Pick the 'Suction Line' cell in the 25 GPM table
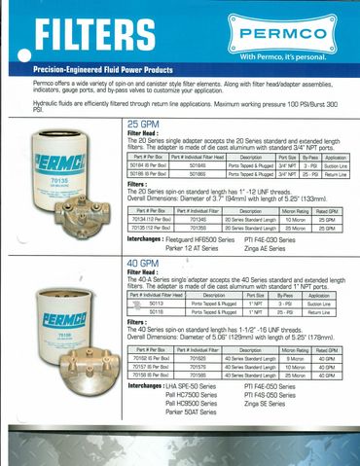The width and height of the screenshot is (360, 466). point(336,164)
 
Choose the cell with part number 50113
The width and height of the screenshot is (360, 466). point(153,305)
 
